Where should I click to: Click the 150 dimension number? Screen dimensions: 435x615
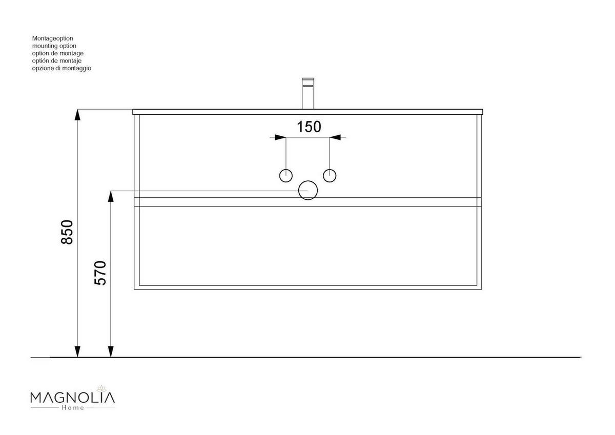click(309, 126)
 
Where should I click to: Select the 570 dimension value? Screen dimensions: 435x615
click(100, 273)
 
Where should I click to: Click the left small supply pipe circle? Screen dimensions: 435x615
click(286, 175)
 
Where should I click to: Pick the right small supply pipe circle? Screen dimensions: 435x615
click(330, 175)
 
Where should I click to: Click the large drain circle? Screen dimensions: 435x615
click(308, 191)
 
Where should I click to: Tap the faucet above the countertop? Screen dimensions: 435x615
click(307, 93)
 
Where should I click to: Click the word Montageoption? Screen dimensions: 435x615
click(52, 38)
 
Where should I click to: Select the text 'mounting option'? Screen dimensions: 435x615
click(54, 46)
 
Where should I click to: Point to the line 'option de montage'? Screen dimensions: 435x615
click(57, 53)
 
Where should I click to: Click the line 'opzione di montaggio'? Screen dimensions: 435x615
click(61, 68)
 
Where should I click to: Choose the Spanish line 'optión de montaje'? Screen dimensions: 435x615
click(57, 60)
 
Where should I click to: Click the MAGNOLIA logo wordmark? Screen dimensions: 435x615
click(73, 398)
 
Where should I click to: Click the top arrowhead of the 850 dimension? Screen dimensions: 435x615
click(77, 115)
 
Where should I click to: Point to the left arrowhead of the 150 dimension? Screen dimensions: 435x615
click(280, 137)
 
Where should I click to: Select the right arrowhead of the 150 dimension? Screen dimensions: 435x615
click(335, 137)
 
